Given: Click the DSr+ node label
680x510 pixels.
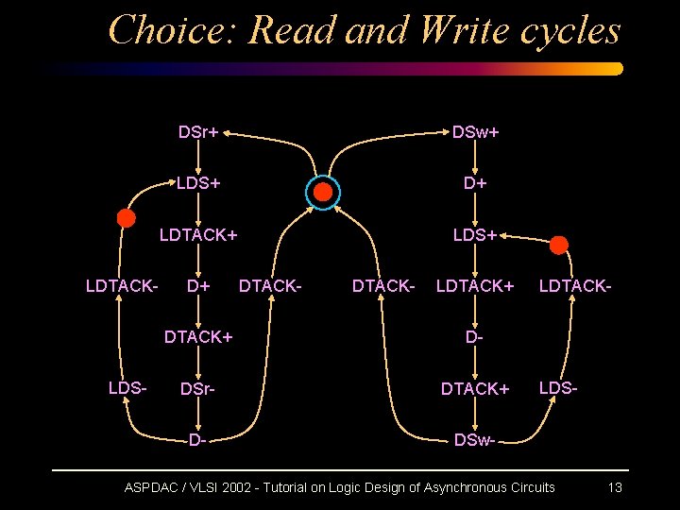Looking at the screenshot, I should (x=198, y=132).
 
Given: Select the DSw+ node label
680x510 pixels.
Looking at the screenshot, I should (x=475, y=132).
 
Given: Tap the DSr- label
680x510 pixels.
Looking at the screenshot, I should (x=198, y=389).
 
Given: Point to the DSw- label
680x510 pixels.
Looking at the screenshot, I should (x=475, y=440).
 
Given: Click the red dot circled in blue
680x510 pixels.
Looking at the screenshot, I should (x=323, y=193).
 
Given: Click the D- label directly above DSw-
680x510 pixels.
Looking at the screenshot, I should (x=475, y=336).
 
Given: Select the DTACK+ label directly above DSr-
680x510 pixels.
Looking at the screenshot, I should (x=198, y=336).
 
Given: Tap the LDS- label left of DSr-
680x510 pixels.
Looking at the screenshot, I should (x=127, y=387).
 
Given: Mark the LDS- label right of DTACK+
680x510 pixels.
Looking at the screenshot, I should (x=558, y=387).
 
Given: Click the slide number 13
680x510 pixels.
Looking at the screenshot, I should (x=615, y=487).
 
